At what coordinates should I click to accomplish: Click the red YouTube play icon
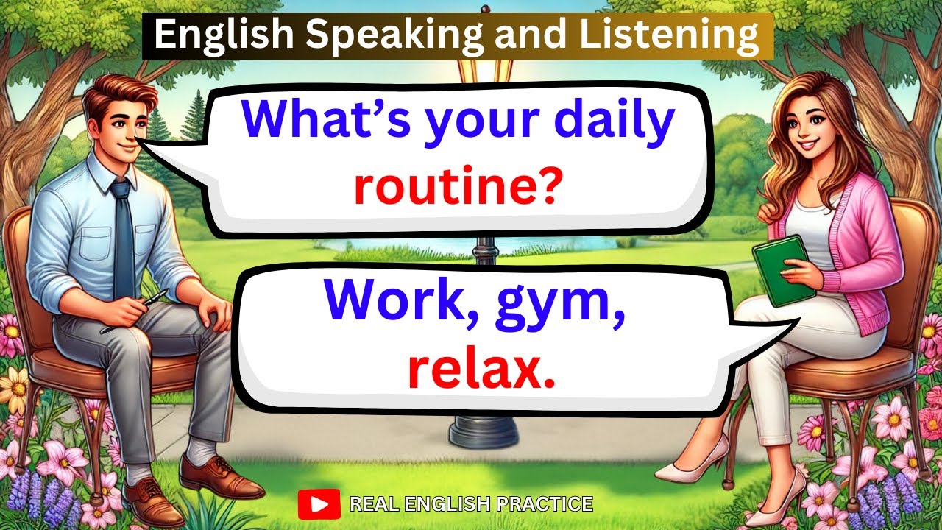click(319, 504)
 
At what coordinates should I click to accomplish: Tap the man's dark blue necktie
click(123, 236)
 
